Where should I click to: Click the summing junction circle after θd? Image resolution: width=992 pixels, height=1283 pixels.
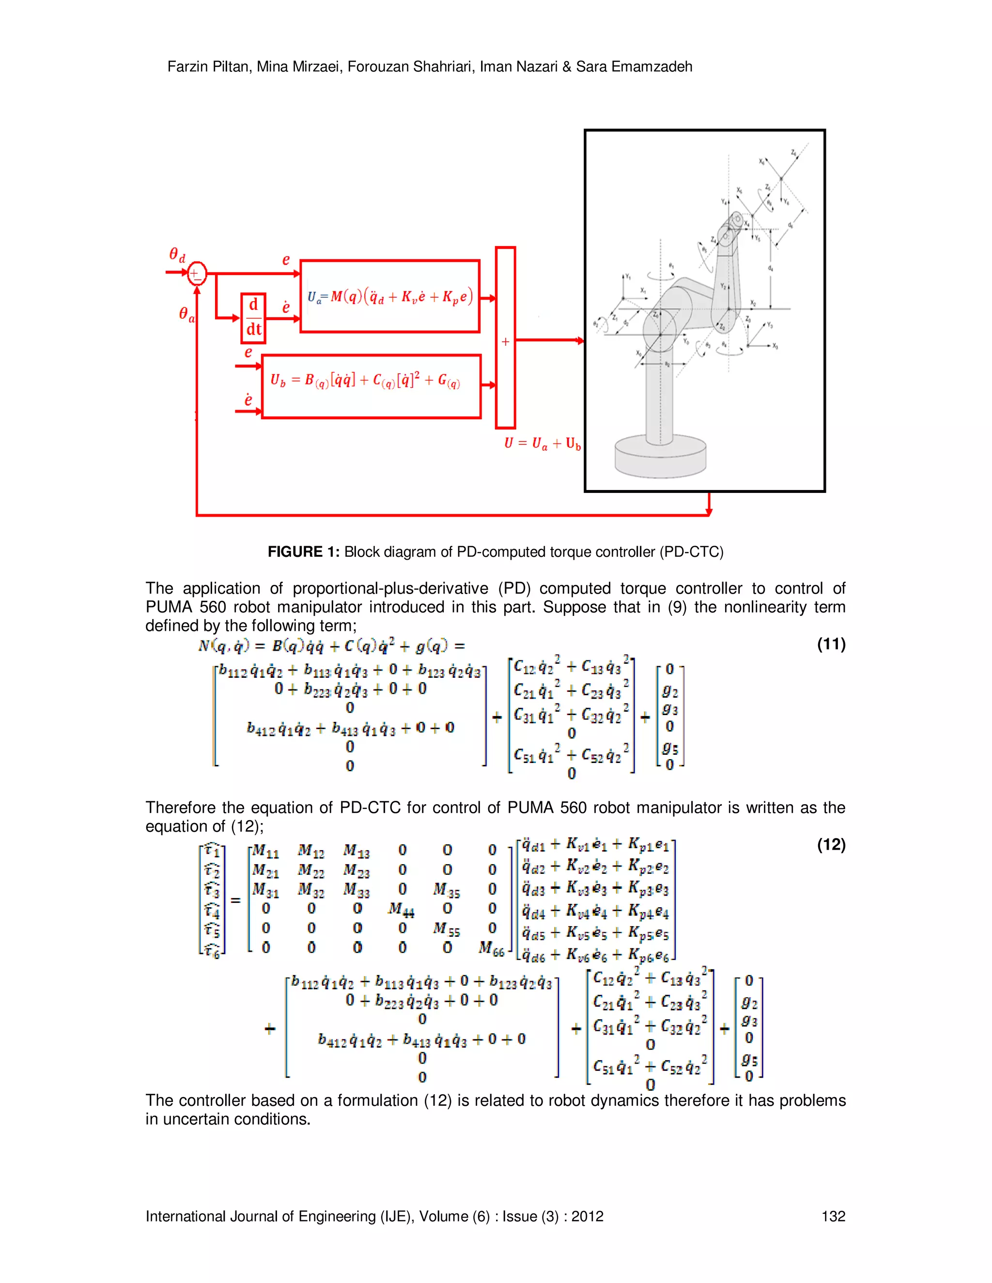click(x=196, y=273)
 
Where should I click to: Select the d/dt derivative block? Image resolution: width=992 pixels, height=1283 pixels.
click(x=253, y=318)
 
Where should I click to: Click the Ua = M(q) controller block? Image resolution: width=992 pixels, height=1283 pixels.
click(x=389, y=297)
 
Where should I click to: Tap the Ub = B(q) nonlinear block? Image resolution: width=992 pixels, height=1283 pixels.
click(x=371, y=386)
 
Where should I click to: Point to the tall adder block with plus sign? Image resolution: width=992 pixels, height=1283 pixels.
click(x=505, y=338)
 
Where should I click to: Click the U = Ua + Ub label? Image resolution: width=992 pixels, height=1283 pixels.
click(x=542, y=443)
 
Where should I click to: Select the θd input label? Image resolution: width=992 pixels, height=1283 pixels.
click(x=177, y=255)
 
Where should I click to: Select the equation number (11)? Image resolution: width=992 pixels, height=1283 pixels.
click(x=830, y=644)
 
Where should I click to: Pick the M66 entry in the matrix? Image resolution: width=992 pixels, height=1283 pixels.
click(x=491, y=948)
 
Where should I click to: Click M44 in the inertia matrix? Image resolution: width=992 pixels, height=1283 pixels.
click(x=402, y=909)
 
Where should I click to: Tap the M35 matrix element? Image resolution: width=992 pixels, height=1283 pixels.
click(x=446, y=890)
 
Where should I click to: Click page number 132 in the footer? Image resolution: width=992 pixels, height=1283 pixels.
click(x=833, y=1217)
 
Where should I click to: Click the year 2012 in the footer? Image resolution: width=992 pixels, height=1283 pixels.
click(x=587, y=1217)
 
